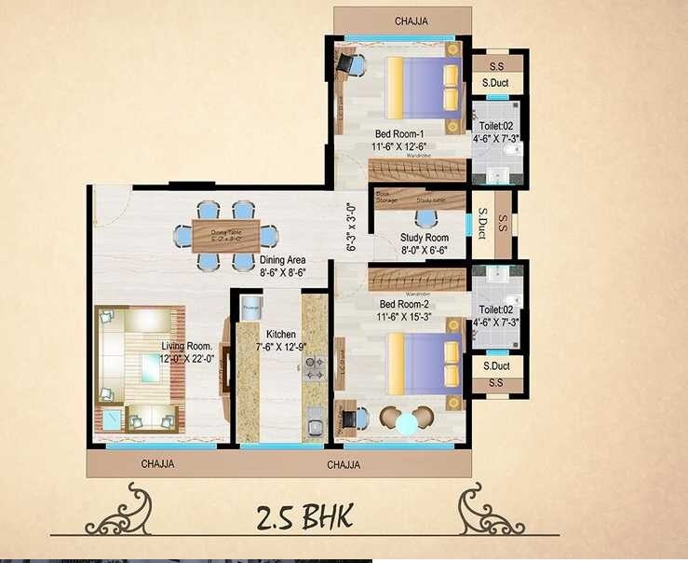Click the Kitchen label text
pyautogui.click(x=281, y=334)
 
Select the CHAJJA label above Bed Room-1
pyautogui.click(x=411, y=21)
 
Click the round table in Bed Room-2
pyautogui.click(x=407, y=423)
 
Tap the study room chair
pyautogui.click(x=425, y=220)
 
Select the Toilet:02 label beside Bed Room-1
pyautogui.click(x=495, y=125)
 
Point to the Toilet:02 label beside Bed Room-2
pyautogui.click(x=495, y=309)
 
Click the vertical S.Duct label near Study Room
pyautogui.click(x=482, y=225)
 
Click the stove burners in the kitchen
pyautogui.click(x=315, y=368)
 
